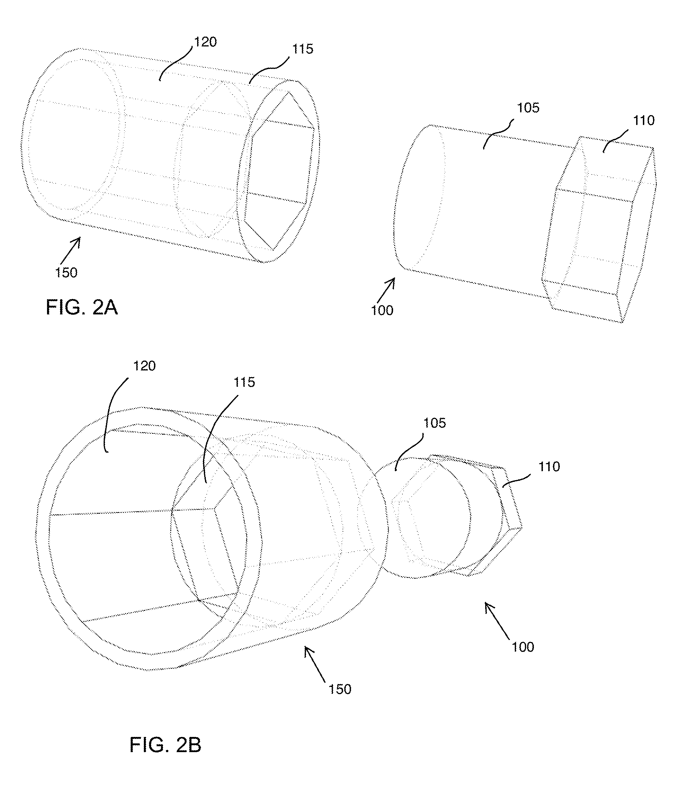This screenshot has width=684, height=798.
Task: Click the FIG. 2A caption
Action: point(81,307)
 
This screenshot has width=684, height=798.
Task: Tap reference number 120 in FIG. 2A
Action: point(205,42)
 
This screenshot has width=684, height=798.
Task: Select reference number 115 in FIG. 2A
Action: point(302,49)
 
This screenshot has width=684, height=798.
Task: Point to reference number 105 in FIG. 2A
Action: point(527,108)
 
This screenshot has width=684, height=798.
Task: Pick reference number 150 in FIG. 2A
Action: point(66,273)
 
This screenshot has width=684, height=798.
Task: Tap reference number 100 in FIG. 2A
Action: point(382,310)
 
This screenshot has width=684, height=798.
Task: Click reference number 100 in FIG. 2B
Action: point(523,647)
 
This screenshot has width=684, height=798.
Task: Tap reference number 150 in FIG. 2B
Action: point(340,689)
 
